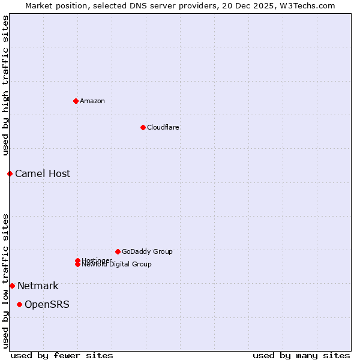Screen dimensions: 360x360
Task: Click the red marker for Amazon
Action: [76, 101]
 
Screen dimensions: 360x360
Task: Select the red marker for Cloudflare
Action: [143, 127]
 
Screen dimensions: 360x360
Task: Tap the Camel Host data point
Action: [10, 173]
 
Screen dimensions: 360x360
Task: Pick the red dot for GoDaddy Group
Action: [118, 251]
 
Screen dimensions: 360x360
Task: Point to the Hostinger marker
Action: [77, 260]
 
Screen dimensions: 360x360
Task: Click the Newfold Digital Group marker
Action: [77, 264]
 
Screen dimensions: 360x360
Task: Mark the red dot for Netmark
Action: [12, 286]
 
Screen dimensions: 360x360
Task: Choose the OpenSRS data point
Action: [19, 304]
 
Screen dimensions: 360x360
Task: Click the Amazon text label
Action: [92, 101]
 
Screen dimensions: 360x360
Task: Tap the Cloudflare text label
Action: [163, 127]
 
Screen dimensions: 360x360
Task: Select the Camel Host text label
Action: [43, 173]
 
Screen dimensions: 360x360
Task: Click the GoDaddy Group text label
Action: [147, 251]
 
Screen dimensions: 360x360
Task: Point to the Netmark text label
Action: [38, 286]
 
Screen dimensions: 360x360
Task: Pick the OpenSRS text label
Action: [47, 304]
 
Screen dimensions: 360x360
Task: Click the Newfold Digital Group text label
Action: [117, 265]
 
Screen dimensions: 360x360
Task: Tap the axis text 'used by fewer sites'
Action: [62, 355]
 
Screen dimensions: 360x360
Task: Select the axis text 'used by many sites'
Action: [301, 355]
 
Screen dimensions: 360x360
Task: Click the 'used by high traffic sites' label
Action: [5, 85]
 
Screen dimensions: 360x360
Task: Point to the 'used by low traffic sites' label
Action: [5, 280]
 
